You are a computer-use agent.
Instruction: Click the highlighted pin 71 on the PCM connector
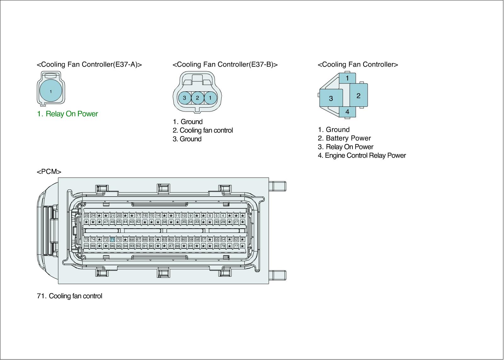pyautogui.click(x=112, y=240)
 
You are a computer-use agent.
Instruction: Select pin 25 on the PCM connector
pyautogui.click(x=86, y=216)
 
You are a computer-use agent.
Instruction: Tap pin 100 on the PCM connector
pyautogui.click(x=86, y=246)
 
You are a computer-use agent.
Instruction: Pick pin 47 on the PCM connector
pyautogui.click(x=106, y=222)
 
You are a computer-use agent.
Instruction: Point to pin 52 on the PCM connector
pyautogui.click(x=236, y=240)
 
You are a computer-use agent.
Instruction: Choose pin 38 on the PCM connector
pyautogui.click(x=164, y=222)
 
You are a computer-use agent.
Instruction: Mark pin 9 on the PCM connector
pyautogui.click(x=190, y=216)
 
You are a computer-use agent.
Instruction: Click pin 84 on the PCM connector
pyautogui.click(x=190, y=246)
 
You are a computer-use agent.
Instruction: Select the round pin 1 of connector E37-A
pyautogui.click(x=51, y=91)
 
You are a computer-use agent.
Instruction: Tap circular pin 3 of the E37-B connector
pyautogui.click(x=185, y=98)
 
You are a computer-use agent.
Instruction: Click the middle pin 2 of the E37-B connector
pyautogui.click(x=198, y=98)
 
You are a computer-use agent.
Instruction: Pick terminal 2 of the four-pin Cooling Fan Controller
pyautogui.click(x=358, y=95)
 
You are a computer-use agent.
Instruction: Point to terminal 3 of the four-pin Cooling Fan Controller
pyautogui.click(x=331, y=98)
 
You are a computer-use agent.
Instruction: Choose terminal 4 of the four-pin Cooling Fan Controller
pyautogui.click(x=347, y=112)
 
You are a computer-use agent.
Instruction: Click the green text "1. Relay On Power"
pyautogui.click(x=67, y=114)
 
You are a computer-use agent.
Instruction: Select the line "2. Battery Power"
pyautogui.click(x=344, y=138)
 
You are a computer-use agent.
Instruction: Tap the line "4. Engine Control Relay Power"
pyautogui.click(x=362, y=156)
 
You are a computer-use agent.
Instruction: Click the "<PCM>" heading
pyautogui.click(x=49, y=172)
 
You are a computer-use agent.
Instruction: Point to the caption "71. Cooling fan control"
pyautogui.click(x=70, y=296)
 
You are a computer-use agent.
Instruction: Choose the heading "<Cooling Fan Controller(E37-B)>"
pyautogui.click(x=225, y=65)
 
